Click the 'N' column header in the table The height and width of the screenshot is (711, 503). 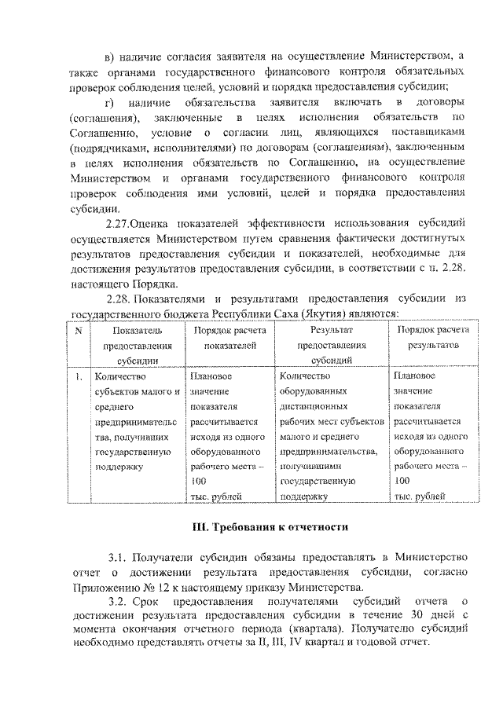coord(78,331)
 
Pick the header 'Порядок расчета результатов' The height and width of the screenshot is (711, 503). coord(433,338)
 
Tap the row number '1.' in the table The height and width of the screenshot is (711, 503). coord(79,376)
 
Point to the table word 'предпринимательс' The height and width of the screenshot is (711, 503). coord(136,421)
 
